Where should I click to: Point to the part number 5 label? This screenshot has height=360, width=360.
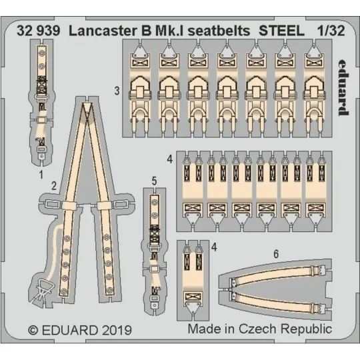154,180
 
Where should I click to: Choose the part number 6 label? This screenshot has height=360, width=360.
276,254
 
